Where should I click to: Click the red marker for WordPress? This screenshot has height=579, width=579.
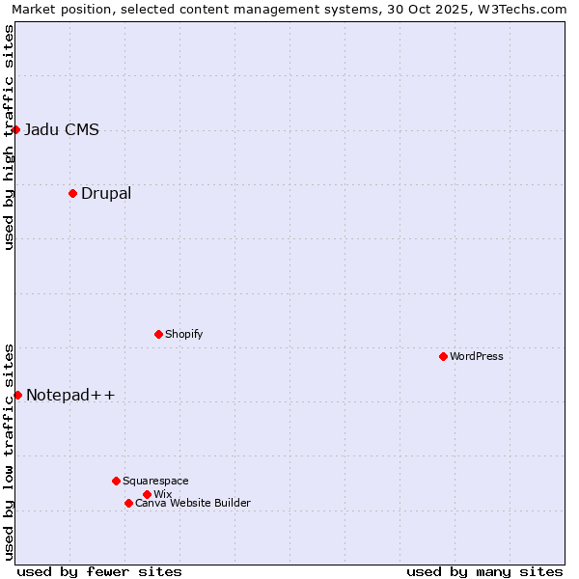tap(443, 356)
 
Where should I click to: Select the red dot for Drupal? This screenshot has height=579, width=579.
tap(72, 193)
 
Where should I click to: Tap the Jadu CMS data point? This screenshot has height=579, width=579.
tap(15, 129)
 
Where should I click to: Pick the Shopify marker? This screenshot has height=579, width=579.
tap(158, 334)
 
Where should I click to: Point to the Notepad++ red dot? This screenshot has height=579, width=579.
tap(17, 395)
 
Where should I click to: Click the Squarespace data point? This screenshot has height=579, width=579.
tap(116, 481)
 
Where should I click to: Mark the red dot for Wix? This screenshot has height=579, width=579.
tap(147, 494)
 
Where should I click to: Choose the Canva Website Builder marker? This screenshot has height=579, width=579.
tap(128, 503)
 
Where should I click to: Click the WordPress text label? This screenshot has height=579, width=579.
tap(477, 356)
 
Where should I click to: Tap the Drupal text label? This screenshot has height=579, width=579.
tap(106, 193)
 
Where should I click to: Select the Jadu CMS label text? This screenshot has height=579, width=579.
tap(62, 129)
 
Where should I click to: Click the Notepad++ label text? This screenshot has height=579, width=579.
tap(70, 395)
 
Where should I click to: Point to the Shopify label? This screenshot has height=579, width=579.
tap(183, 334)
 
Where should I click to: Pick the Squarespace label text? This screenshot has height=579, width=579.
tap(155, 481)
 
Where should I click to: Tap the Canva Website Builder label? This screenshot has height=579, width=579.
tap(193, 503)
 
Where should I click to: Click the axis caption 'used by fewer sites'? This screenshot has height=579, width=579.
tap(99, 571)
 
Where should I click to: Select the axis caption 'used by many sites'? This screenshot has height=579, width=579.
tap(484, 571)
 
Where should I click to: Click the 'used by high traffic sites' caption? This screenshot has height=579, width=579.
tap(9, 137)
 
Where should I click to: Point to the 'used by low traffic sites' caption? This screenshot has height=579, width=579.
tap(9, 451)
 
